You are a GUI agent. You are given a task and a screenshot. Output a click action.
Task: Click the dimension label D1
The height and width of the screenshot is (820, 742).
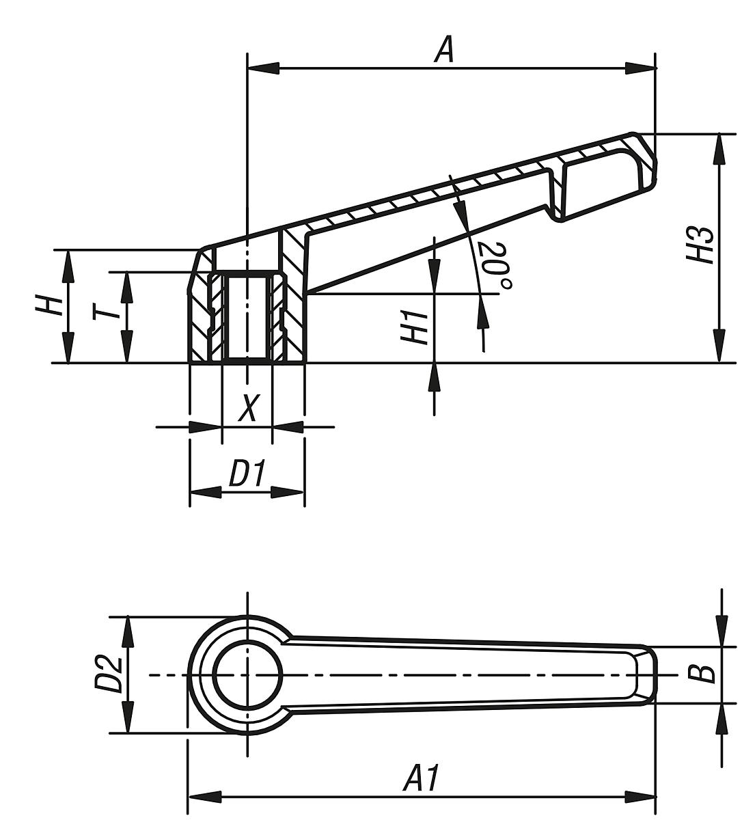[x=247, y=474]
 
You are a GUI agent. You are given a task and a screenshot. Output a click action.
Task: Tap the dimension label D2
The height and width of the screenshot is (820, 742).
[x=107, y=674]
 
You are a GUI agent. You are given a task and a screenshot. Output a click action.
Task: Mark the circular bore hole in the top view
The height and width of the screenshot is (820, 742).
[x=247, y=674]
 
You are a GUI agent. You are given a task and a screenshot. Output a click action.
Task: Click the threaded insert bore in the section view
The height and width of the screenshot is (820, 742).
[x=247, y=318]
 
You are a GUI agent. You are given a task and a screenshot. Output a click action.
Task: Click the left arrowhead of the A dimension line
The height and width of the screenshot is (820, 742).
[x=263, y=68]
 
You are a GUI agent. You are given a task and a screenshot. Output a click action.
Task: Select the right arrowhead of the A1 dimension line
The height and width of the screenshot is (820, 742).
[x=640, y=797]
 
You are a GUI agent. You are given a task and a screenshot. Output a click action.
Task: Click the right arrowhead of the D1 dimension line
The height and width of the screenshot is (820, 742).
[x=288, y=493]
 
